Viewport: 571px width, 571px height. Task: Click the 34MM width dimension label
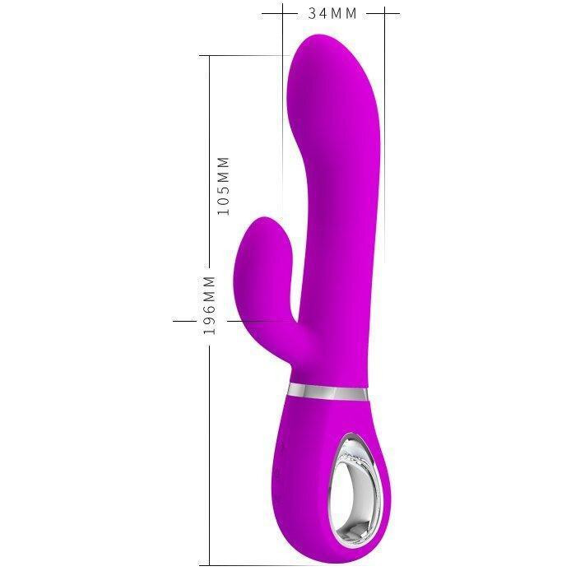[332, 13]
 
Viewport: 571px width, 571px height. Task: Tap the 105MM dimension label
[223, 186]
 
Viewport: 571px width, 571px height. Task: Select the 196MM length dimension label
[209, 305]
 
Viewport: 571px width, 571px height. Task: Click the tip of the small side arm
[266, 221]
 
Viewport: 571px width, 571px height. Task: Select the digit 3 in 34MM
[313, 13]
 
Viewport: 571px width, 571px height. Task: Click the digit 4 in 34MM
[323, 13]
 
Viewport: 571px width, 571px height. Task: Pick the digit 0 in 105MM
[223, 200]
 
